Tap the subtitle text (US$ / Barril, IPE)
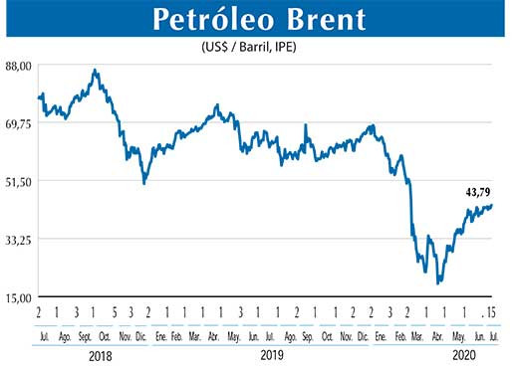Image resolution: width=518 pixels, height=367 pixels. click(258, 46)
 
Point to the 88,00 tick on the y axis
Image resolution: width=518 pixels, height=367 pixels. click(18, 65)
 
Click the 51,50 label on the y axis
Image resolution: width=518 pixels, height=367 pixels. click(18, 181)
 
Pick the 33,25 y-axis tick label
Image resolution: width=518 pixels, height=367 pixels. click(18, 239)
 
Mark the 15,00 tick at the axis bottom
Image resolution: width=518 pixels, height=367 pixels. click(18, 296)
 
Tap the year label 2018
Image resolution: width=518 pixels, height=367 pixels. click(100, 354)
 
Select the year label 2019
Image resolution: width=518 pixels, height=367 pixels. click(271, 354)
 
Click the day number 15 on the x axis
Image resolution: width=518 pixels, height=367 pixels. click(491, 313)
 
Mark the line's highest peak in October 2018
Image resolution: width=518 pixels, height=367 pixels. click(95, 71)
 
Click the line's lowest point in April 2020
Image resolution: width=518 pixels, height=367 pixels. click(438, 283)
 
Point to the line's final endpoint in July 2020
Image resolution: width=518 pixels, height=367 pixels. click(492, 206)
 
